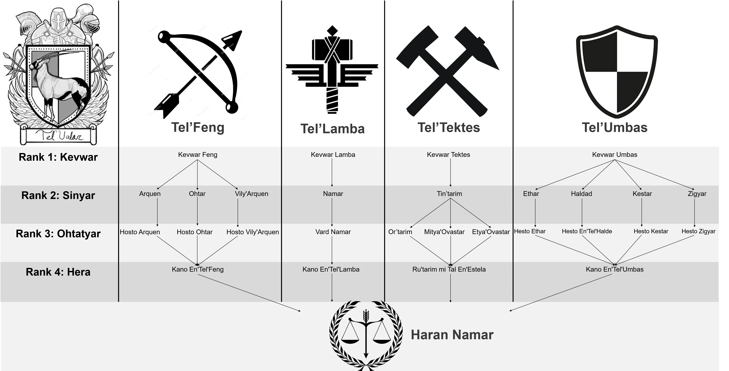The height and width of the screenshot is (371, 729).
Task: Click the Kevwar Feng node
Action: [198, 154]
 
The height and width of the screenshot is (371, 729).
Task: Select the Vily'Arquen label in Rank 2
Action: [251, 194]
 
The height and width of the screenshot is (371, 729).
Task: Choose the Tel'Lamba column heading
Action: [333, 129]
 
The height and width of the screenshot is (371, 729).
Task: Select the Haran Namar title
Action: [452, 335]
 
